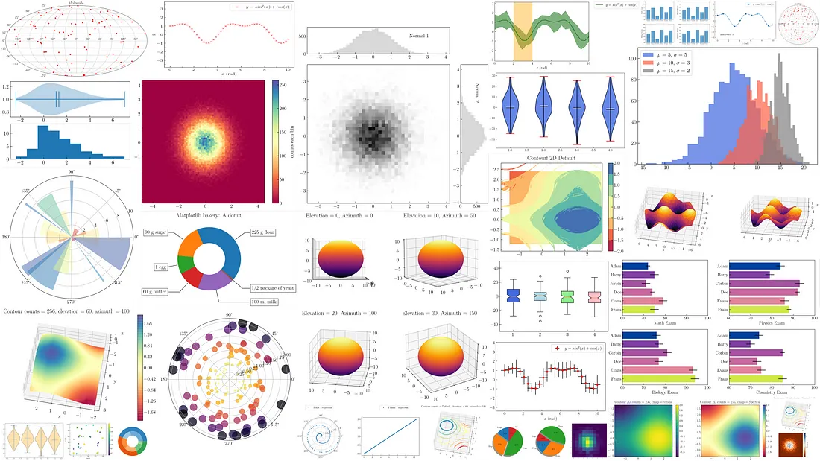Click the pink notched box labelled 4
click(x=593, y=296)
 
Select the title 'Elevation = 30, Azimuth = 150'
click(x=441, y=314)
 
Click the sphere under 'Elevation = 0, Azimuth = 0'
click(x=343, y=260)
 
